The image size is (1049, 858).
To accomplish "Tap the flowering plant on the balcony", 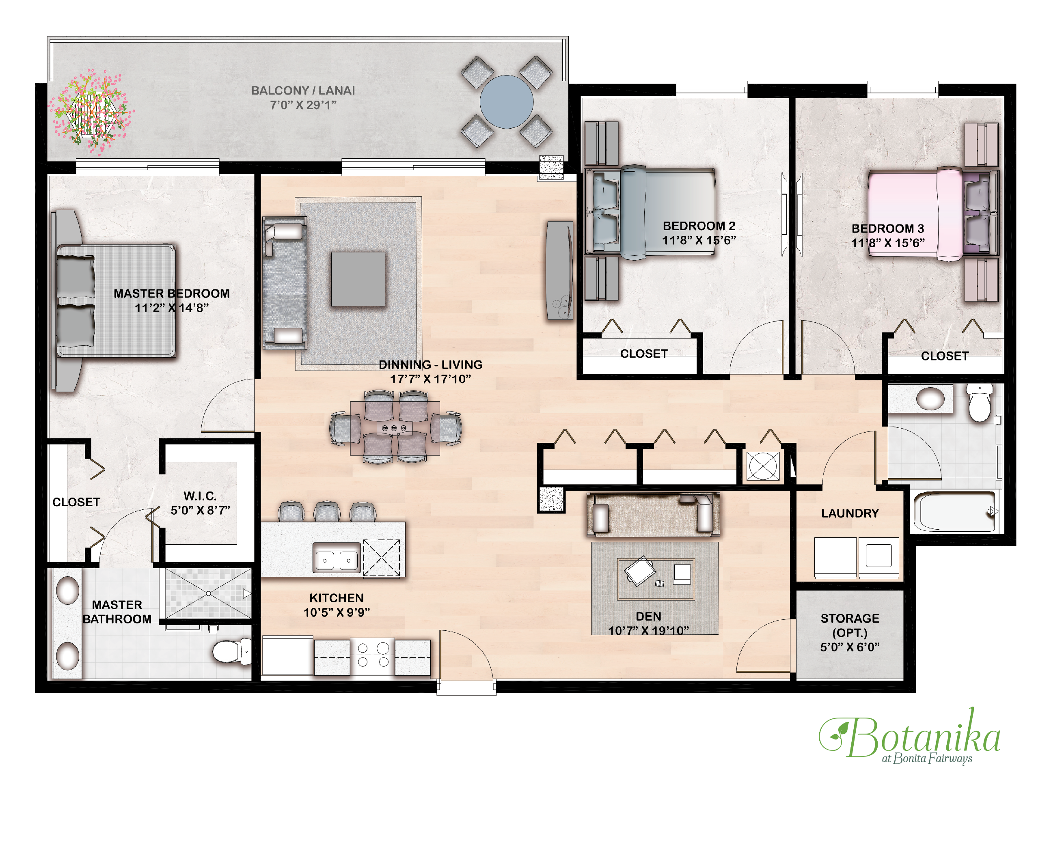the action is pyautogui.click(x=91, y=113).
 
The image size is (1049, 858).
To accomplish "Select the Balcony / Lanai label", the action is pyautogui.click(x=302, y=97).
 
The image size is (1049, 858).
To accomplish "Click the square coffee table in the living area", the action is pyautogui.click(x=358, y=279).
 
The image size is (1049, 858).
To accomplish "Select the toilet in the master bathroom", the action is pyautogui.click(x=231, y=651).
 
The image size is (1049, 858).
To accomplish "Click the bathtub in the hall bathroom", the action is pyautogui.click(x=954, y=511).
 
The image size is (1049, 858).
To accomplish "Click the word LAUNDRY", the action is pyautogui.click(x=849, y=513).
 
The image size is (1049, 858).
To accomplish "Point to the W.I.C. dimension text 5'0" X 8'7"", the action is pyautogui.click(x=200, y=510).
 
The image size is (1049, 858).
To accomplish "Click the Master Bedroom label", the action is pyautogui.click(x=172, y=300).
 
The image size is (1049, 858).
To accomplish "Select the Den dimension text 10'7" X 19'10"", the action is pyautogui.click(x=648, y=630).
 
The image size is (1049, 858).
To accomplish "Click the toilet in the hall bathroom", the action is pyautogui.click(x=979, y=403).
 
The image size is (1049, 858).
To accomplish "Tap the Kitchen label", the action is pyautogui.click(x=336, y=605).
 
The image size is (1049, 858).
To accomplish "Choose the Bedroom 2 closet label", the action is pyautogui.click(x=643, y=354).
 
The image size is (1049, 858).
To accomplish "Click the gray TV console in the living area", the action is pyautogui.click(x=559, y=270).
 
